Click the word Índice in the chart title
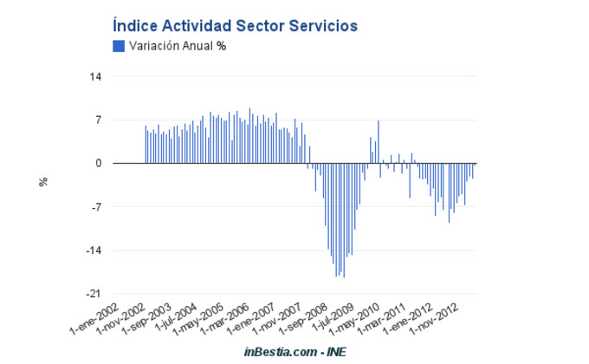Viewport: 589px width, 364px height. [x=135, y=26]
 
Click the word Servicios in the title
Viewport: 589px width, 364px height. [x=320, y=26]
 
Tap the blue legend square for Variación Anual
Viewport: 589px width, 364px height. [x=119, y=46]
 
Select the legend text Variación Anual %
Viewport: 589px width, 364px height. [x=177, y=46]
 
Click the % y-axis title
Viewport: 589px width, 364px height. [x=42, y=182]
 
